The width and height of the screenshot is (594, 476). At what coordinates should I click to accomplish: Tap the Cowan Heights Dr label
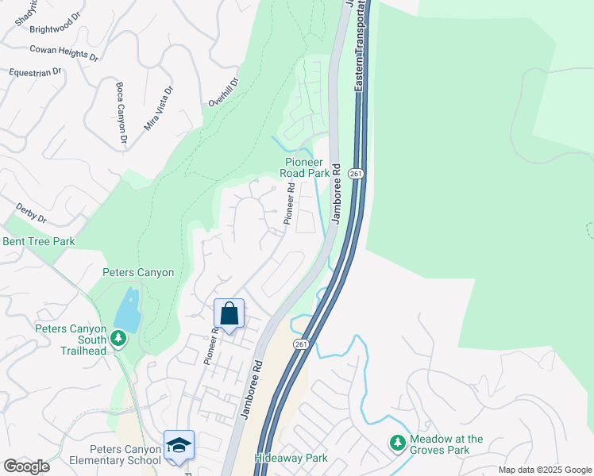[x=64, y=53]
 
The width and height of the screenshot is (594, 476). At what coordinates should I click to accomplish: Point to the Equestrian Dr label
[x=35, y=72]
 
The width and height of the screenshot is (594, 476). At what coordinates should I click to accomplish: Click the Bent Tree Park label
[x=39, y=241]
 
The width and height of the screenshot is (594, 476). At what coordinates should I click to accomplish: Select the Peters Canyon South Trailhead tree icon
[x=118, y=339]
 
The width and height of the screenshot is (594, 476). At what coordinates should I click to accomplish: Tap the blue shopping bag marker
[x=229, y=313]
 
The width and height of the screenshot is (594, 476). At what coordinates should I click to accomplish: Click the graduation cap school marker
[x=179, y=446]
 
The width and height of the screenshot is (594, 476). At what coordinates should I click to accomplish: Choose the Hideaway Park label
[x=291, y=458]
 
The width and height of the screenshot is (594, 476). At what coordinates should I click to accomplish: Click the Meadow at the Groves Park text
[x=447, y=444]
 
